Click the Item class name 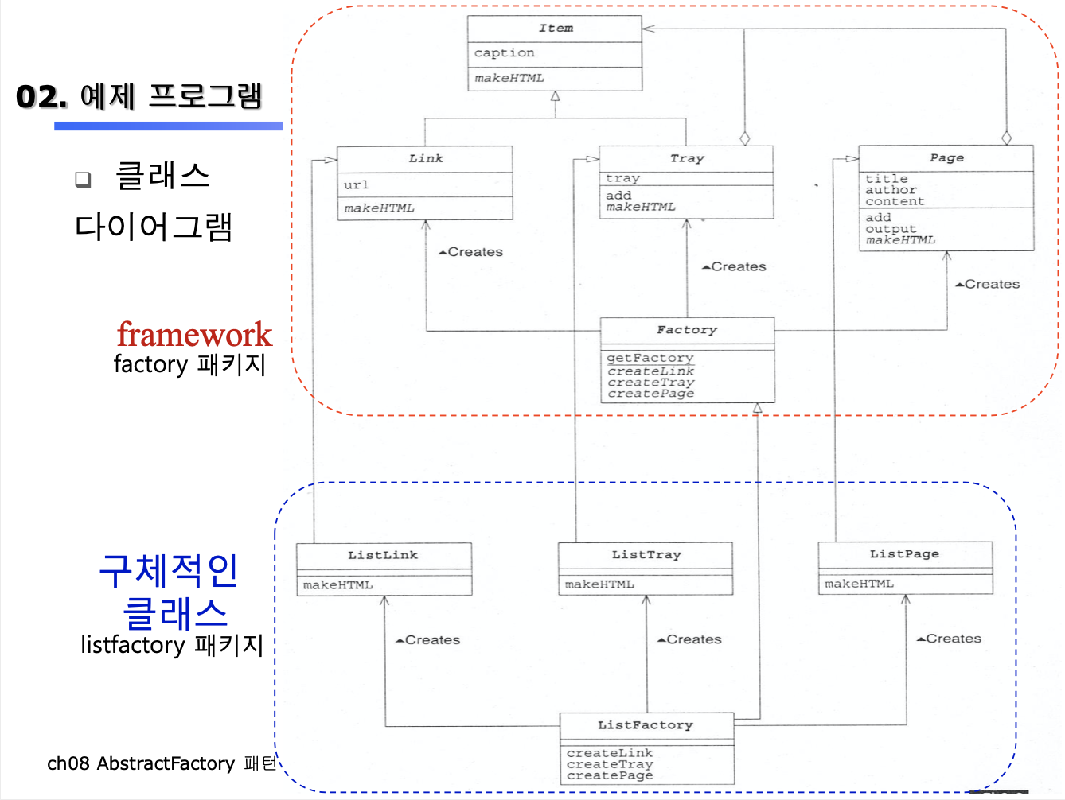tap(556, 28)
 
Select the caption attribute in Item tap(504, 52)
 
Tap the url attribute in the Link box tap(356, 184)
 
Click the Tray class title tap(687, 158)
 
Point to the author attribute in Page tap(891, 190)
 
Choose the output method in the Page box tap(891, 229)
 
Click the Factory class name tap(687, 330)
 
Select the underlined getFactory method tap(650, 358)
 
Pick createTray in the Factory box tap(650, 383)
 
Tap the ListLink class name tap(382, 555)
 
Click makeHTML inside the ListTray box tap(599, 584)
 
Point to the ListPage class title tap(904, 553)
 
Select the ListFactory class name tap(646, 725)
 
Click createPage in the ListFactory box tap(610, 776)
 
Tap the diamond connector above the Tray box tap(745, 138)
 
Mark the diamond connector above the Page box tap(1007, 138)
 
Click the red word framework tap(194, 334)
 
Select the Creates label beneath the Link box tap(470, 252)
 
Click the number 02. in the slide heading tap(41, 97)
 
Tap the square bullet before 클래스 tap(83, 179)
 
